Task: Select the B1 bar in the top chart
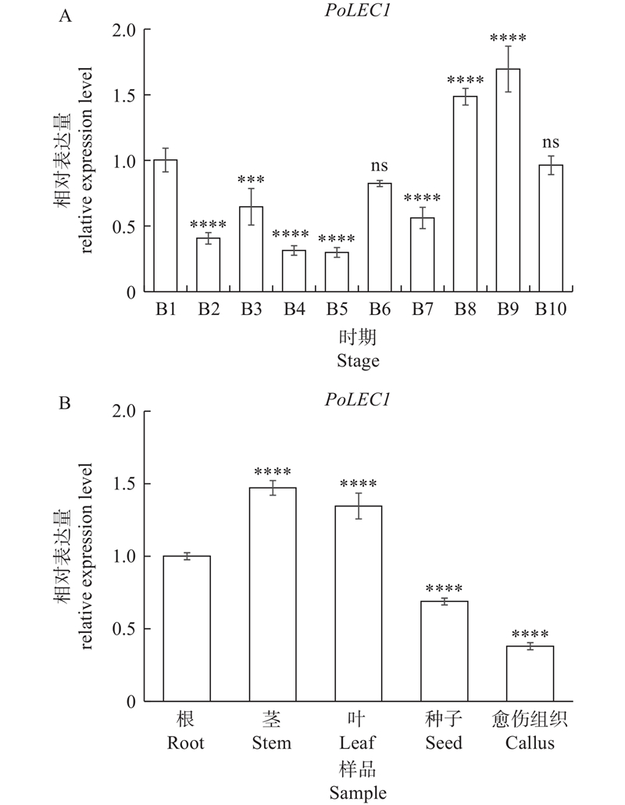[x=165, y=226]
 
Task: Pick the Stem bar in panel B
[x=273, y=595]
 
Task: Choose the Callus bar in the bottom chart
[x=530, y=674]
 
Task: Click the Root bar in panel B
[x=187, y=629]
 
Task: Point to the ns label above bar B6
[x=379, y=166]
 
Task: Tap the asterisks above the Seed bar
[x=444, y=589]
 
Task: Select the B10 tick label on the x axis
[x=550, y=309]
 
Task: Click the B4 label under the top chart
[x=294, y=309]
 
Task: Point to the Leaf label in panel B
[x=359, y=742]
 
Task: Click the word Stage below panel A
[x=359, y=361]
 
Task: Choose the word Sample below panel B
[x=359, y=793]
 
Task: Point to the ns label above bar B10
[x=550, y=144]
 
